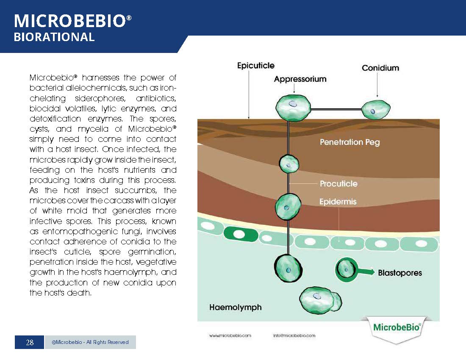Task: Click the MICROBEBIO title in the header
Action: pyautogui.click(x=72, y=21)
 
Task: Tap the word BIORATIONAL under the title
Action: pyautogui.click(x=54, y=37)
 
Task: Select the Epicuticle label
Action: pyautogui.click(x=255, y=66)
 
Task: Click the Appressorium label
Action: pyautogui.click(x=300, y=79)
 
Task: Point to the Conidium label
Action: pyautogui.click(x=380, y=68)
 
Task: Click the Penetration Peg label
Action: pyautogui.click(x=350, y=142)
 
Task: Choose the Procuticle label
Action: pyautogui.click(x=338, y=183)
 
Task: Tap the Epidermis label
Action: pyautogui.click(x=338, y=202)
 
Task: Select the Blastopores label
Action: pyautogui.click(x=400, y=273)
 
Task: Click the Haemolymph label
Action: pyautogui.click(x=236, y=307)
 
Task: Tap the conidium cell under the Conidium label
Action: pyautogui.click(x=376, y=110)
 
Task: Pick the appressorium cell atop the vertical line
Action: pyautogui.click(x=293, y=107)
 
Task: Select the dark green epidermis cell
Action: pyautogui.click(x=241, y=234)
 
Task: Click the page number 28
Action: pyautogui.click(x=30, y=343)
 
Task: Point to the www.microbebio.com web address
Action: pyautogui.click(x=230, y=335)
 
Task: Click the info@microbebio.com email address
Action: pyautogui.click(x=294, y=335)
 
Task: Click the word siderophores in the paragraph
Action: pyautogui.click(x=100, y=98)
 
